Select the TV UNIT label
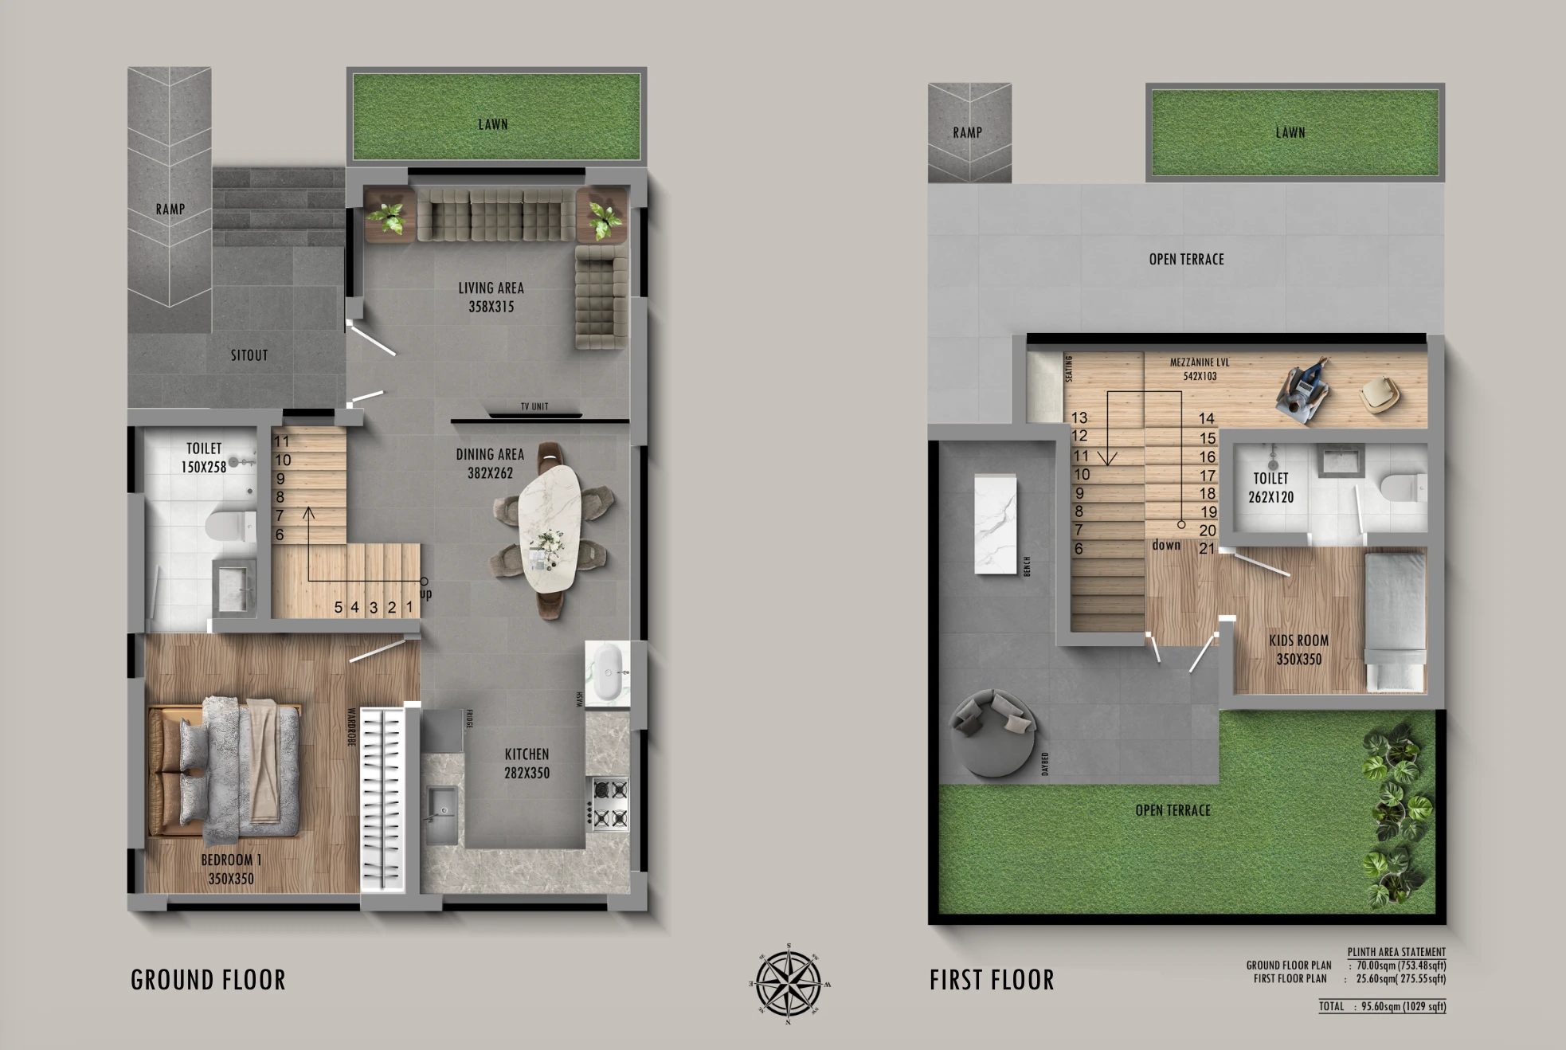point(534,407)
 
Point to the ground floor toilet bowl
point(228,527)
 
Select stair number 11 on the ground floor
point(282,441)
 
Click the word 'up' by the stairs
point(426,594)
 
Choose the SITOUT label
point(249,355)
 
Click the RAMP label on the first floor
point(967,133)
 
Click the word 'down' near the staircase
point(1166,546)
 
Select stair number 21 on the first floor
point(1207,549)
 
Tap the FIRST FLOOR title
point(992,980)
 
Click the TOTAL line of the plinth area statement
point(1382,1006)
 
